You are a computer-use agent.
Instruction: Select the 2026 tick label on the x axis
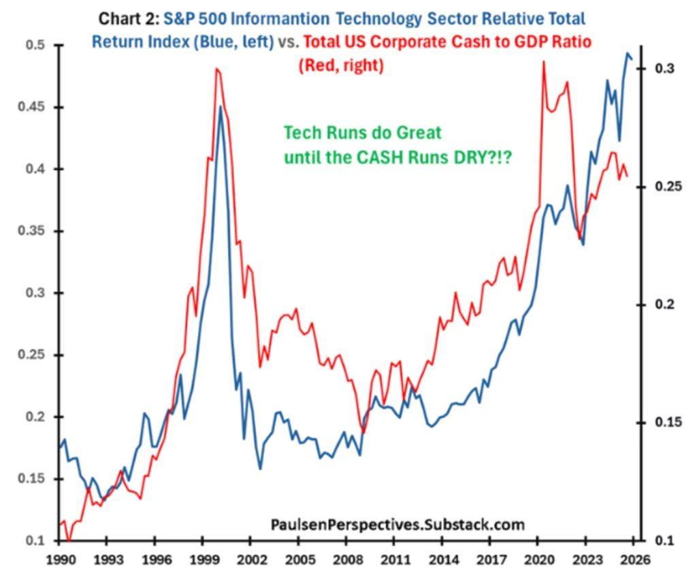[633, 560]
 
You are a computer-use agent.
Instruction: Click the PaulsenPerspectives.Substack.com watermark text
[398, 524]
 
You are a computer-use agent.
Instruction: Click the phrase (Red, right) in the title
[341, 65]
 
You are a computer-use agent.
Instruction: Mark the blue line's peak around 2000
[220, 106]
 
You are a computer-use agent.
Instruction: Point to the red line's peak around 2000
[216, 68]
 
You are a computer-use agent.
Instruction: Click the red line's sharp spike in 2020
[543, 62]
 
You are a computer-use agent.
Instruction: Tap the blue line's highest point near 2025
[628, 53]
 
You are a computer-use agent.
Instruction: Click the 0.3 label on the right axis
[666, 69]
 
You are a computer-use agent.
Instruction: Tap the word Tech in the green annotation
[299, 133]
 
